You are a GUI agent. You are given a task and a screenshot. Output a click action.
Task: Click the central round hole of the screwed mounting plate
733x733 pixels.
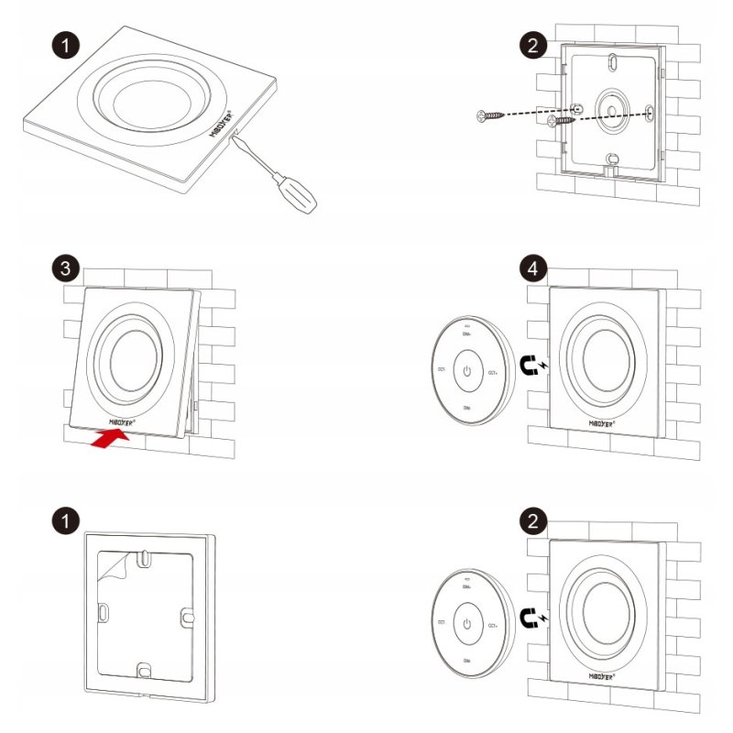(x=609, y=108)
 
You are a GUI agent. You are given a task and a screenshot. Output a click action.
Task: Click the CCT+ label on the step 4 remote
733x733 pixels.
(x=493, y=372)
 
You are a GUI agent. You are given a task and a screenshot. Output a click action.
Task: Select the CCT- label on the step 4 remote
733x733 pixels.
(x=441, y=369)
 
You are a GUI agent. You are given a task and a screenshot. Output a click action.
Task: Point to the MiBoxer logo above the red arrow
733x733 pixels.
(x=124, y=421)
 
